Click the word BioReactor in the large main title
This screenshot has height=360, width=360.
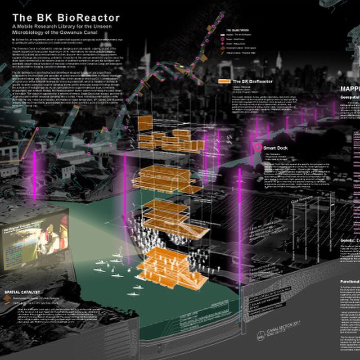[x=91, y=17]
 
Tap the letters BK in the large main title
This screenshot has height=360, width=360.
[x=48, y=17]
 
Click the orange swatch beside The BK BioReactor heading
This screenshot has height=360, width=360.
[x=225, y=81]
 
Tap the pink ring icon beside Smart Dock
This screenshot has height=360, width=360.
[x=258, y=148]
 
